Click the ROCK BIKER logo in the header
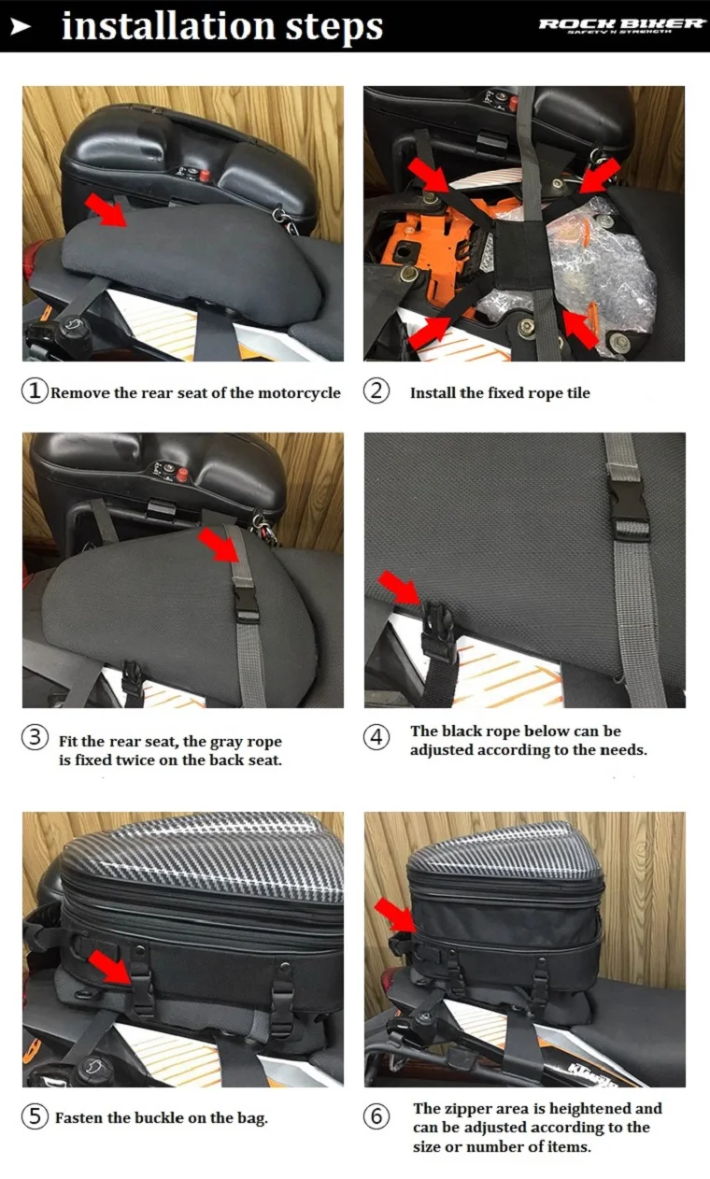click(x=621, y=25)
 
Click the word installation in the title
click(x=168, y=26)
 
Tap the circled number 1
click(x=35, y=391)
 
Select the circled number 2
click(x=376, y=391)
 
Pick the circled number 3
click(x=35, y=737)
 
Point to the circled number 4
click(x=376, y=737)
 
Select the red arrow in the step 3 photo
click(x=220, y=546)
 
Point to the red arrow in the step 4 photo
click(x=400, y=588)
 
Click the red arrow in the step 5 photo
click(x=110, y=967)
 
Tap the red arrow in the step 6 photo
click(x=395, y=916)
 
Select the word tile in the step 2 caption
click(x=578, y=392)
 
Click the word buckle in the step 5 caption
click(x=160, y=1117)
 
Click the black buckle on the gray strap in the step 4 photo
click(x=629, y=507)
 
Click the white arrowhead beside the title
click(x=21, y=26)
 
